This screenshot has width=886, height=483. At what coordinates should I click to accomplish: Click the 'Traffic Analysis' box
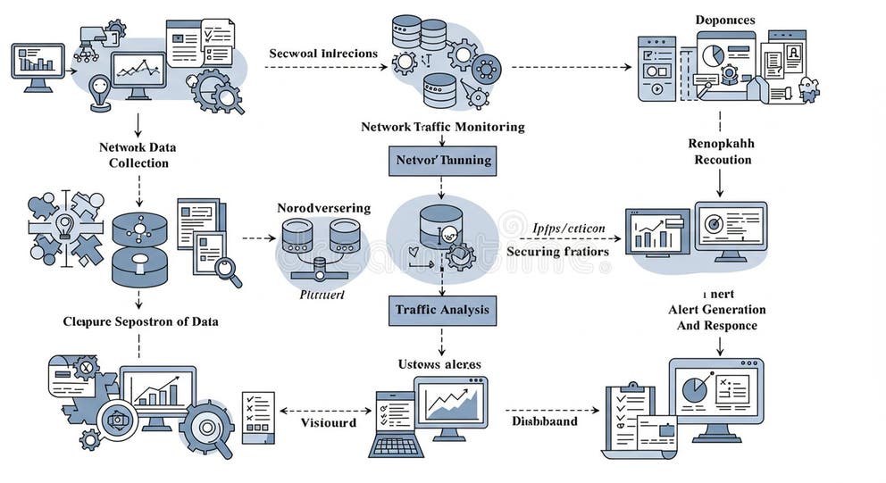pos(441,310)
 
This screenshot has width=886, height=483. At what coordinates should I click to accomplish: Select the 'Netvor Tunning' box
pos(441,161)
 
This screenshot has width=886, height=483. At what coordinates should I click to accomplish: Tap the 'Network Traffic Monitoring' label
pos(442,127)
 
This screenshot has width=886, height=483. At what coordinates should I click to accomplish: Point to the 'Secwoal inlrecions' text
pos(322,54)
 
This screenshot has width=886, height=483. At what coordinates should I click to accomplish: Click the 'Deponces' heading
pos(724,20)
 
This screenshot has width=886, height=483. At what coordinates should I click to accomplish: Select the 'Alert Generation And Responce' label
pos(716,317)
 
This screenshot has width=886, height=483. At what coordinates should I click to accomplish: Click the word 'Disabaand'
pos(544,421)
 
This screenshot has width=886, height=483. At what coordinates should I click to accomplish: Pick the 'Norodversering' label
pos(323,208)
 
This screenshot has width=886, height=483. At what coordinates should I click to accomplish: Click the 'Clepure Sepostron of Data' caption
pos(140,321)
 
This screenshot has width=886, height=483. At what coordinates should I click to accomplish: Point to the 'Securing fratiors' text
pos(557,252)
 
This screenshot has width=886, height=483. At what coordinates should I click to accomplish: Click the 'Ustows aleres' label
pos(439,364)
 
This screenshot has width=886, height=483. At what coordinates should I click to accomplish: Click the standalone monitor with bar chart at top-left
pos(38,66)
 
